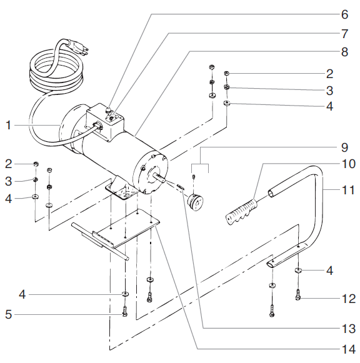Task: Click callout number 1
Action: coord(9,125)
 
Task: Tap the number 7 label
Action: coord(344,32)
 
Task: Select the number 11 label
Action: coord(347,187)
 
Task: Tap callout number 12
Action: coord(347,299)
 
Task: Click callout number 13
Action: coord(347,328)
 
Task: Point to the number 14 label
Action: coord(347,349)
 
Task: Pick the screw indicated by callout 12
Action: coord(297,294)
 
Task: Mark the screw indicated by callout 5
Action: coord(125,311)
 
